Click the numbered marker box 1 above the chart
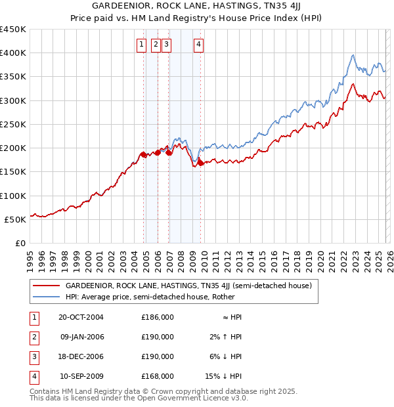(x=141, y=45)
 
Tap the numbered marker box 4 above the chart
(x=198, y=45)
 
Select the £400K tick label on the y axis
(x=13, y=53)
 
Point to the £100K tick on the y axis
(x=13, y=196)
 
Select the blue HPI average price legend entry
(x=173, y=297)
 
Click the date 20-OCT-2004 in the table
(x=81, y=317)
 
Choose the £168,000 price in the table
(x=158, y=376)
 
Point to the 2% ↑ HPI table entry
(x=227, y=337)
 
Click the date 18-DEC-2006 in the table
(x=81, y=356)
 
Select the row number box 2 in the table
(x=33, y=337)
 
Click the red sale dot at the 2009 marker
(x=201, y=163)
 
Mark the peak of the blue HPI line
(x=353, y=55)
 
